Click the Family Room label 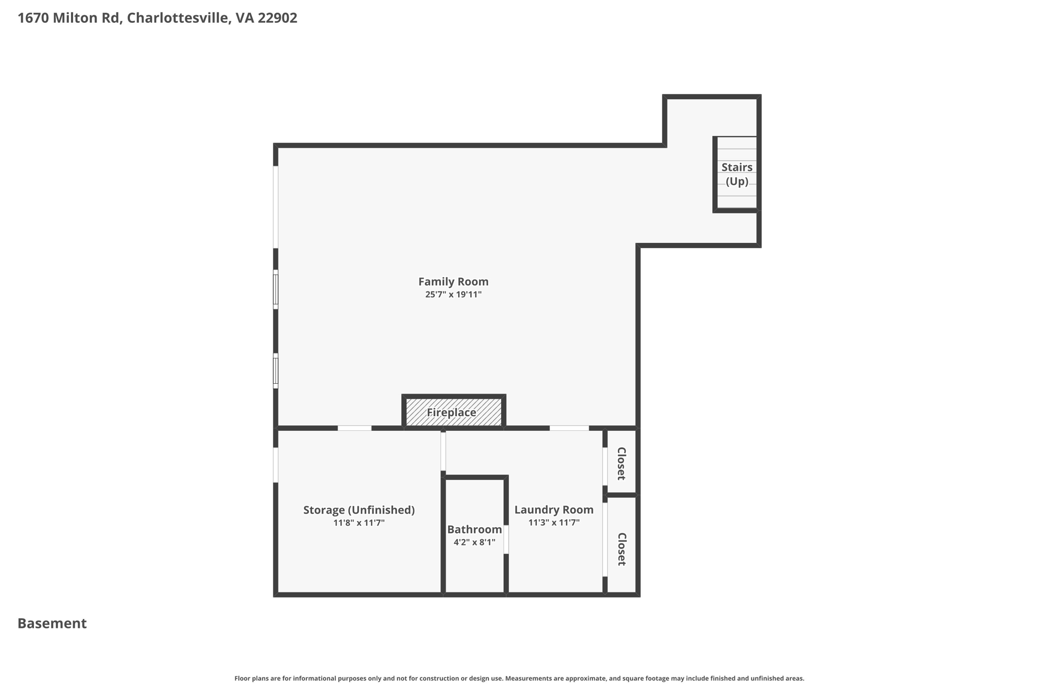tap(453, 282)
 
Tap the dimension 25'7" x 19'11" tap(453, 295)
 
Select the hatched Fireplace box tap(454, 412)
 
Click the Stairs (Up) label tap(737, 174)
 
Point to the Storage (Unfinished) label tap(359, 510)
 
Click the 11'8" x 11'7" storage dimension tap(359, 523)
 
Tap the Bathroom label tap(474, 530)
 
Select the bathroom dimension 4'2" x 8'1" tap(474, 542)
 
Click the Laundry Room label tap(553, 510)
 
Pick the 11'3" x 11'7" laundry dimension tap(553, 523)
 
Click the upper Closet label tap(621, 463)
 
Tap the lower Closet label tap(621, 549)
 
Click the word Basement tap(52, 624)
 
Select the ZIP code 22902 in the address tap(278, 18)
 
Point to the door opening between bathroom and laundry tap(506, 539)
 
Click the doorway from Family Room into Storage tap(355, 428)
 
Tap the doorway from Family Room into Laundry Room tap(569, 428)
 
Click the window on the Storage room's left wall tap(275, 465)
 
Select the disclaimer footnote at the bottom tap(519, 678)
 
